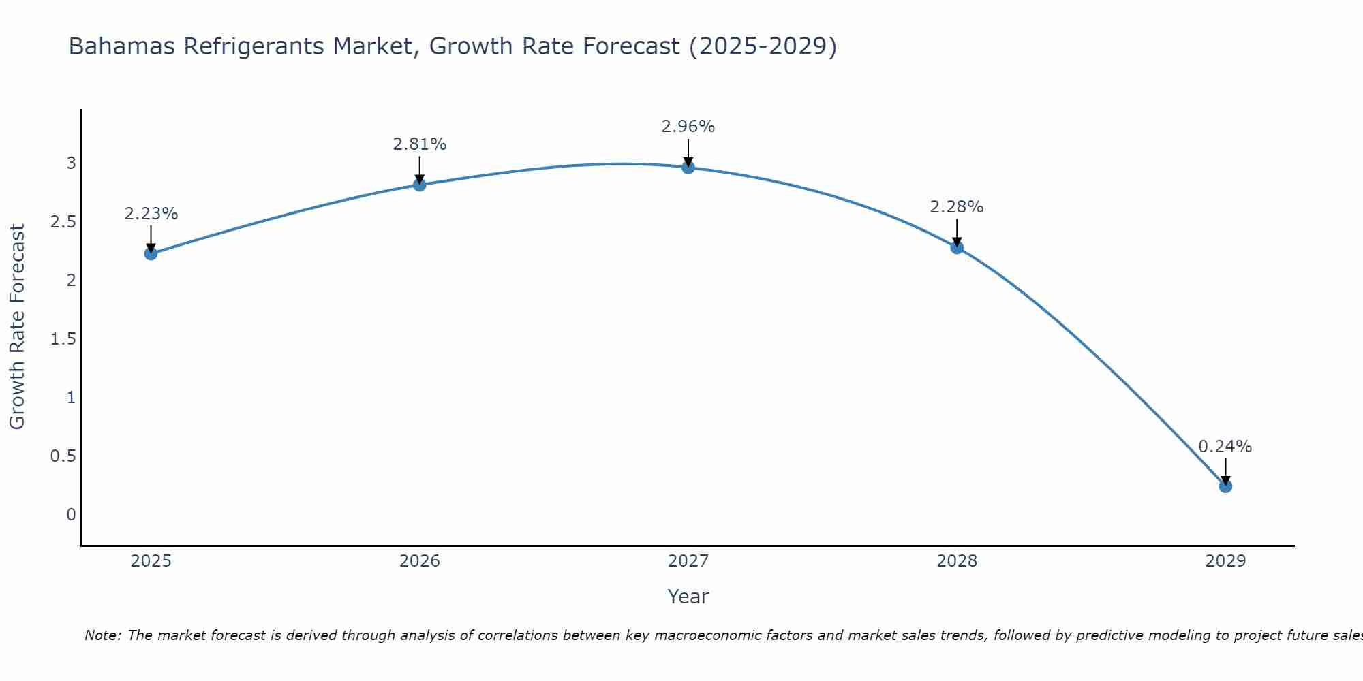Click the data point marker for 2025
(151, 253)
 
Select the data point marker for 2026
(419, 185)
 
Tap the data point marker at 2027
(688, 167)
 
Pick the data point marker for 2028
(956, 247)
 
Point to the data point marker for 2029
(1225, 486)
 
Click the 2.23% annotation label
(151, 214)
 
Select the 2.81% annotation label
(419, 144)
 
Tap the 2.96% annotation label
(688, 127)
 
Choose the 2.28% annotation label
(956, 207)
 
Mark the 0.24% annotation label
(1225, 447)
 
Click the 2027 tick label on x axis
(688, 561)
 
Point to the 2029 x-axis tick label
(1225, 561)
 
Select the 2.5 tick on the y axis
(63, 222)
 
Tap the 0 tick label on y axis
(71, 515)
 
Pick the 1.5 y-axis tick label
(63, 339)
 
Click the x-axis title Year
(688, 597)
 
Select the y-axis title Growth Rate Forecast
(17, 327)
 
